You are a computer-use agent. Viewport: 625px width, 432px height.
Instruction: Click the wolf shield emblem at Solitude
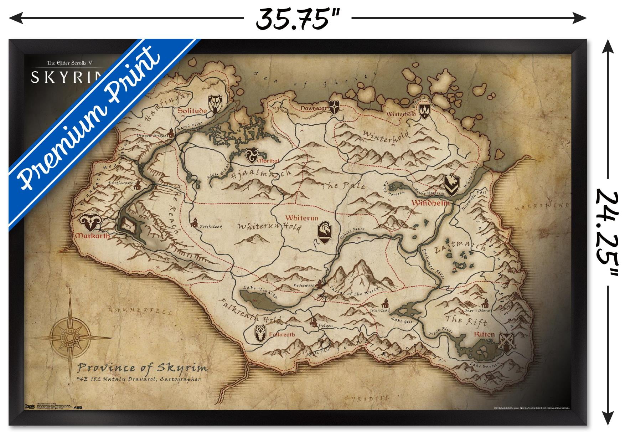(215, 104)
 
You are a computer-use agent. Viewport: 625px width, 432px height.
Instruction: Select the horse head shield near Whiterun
(325, 232)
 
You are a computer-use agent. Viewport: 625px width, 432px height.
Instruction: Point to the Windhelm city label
(430, 203)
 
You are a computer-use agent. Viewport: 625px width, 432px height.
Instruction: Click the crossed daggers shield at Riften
(506, 342)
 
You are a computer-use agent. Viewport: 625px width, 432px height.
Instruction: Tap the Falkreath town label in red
(282, 334)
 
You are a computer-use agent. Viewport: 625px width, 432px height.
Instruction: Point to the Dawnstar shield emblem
(334, 107)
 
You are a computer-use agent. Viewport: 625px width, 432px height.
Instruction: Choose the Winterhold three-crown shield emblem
(424, 112)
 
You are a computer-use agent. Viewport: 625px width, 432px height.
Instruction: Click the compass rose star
(70, 335)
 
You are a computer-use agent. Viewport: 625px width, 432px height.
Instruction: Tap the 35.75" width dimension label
(297, 19)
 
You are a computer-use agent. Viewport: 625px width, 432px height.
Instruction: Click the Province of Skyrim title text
(142, 367)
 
